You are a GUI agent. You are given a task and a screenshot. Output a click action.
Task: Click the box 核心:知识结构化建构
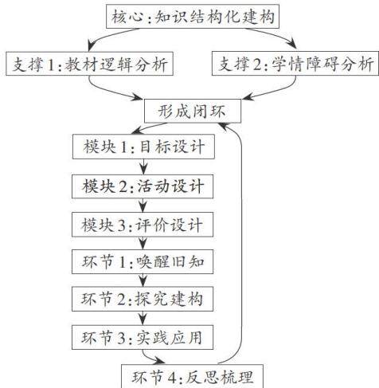tap(193, 16)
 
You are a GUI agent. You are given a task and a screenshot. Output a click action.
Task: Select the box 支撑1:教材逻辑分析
tap(90, 64)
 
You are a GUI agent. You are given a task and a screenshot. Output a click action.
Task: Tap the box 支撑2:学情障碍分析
tap(295, 63)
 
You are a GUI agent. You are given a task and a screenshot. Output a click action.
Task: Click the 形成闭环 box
tap(193, 111)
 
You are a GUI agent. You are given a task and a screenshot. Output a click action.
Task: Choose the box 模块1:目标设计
tap(143, 147)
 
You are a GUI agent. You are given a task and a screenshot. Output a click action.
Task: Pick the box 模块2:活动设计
tap(143, 186)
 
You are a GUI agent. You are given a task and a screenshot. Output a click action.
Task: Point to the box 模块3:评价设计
tap(143, 225)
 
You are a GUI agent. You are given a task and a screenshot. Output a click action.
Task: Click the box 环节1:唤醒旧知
tap(143, 261)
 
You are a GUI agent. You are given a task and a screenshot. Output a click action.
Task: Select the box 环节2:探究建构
tap(143, 299)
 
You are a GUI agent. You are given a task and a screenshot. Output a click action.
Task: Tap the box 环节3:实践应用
tap(143, 337)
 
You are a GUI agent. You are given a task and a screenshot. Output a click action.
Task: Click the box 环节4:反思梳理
tap(193, 376)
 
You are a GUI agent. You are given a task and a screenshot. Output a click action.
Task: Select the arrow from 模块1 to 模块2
tap(143, 167)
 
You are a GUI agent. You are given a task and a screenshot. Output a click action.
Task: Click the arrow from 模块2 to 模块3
tap(143, 206)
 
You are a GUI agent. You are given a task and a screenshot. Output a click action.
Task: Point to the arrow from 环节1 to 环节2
tap(143, 280)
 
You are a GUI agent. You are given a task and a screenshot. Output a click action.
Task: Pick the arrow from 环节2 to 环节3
tap(143, 318)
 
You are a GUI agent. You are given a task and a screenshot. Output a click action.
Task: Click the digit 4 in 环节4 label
tap(172, 377)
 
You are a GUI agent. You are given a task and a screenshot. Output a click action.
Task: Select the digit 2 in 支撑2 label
tap(258, 65)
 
